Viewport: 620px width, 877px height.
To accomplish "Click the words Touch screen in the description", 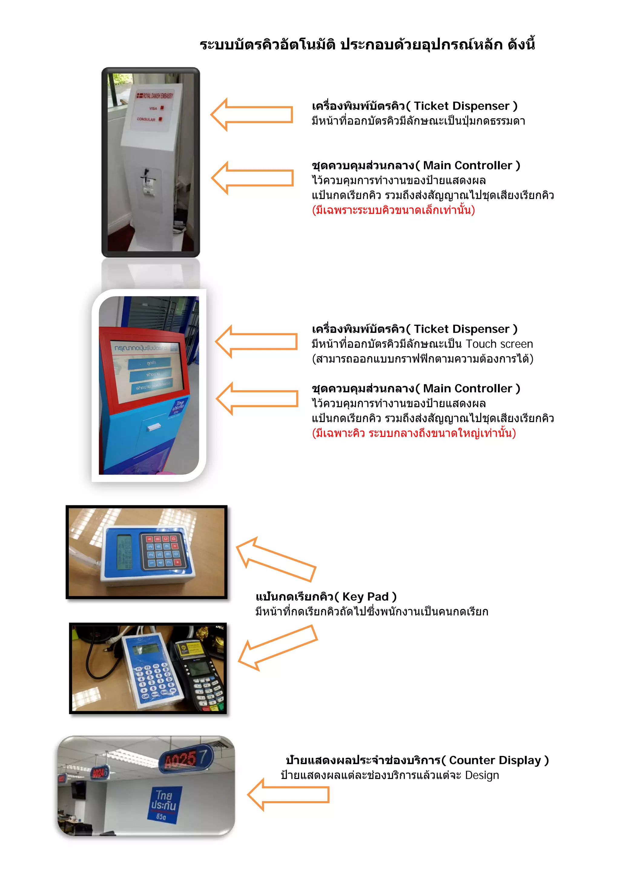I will tap(499, 344).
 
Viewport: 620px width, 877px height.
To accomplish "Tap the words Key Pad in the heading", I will tap(365, 597).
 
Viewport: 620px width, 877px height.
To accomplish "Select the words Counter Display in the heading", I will tap(495, 760).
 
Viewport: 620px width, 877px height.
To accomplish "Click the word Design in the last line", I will tap(482, 775).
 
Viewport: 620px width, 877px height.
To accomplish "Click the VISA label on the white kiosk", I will tap(153, 108).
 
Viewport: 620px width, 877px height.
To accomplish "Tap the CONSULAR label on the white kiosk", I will tap(146, 119).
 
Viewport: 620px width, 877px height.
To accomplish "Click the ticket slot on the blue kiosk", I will tap(153, 427).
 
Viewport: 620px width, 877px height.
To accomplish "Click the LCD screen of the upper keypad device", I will tap(124, 552).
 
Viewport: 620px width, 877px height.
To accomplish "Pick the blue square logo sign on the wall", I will tap(164, 804).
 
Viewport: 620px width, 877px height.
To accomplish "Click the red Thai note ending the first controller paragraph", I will tap(393, 210).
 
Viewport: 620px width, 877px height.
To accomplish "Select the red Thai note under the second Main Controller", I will tap(414, 433).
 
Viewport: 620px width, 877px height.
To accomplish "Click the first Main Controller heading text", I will tap(416, 166).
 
